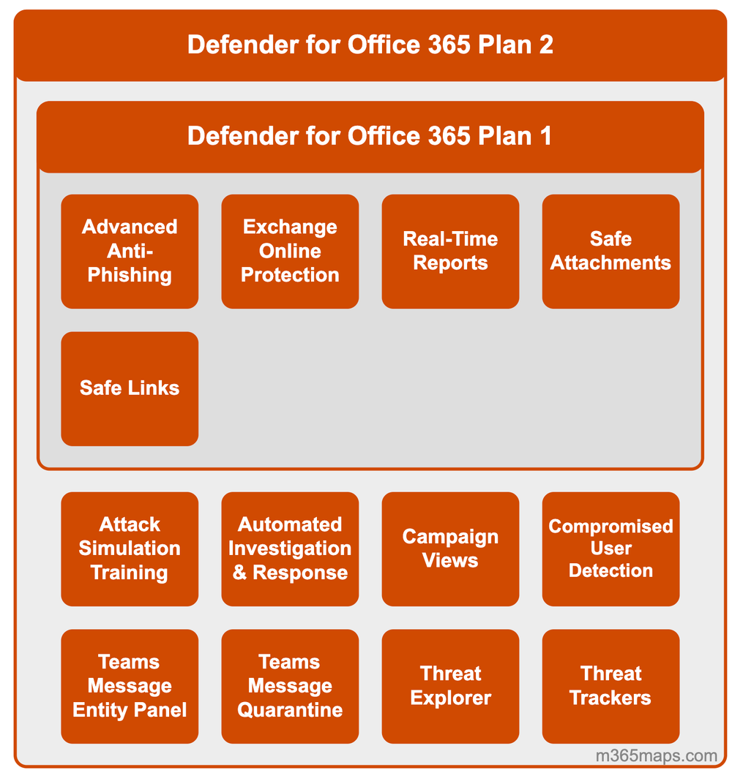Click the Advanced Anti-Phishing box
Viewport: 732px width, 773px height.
pyautogui.click(x=130, y=251)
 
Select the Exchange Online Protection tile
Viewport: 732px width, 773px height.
pyautogui.click(x=290, y=251)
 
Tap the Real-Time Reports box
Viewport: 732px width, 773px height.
pyautogui.click(x=450, y=251)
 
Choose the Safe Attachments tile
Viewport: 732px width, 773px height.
pyautogui.click(x=610, y=251)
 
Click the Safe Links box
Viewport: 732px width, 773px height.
pyautogui.click(x=130, y=388)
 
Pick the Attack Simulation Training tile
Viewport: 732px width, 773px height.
pyautogui.click(x=130, y=548)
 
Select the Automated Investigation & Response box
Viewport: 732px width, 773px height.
pyautogui.click(x=290, y=548)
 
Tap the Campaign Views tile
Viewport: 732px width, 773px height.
pyautogui.click(x=450, y=548)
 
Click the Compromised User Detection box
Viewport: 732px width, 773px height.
pyautogui.click(x=610, y=548)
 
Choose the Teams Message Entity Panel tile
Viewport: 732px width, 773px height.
pyautogui.click(x=130, y=686)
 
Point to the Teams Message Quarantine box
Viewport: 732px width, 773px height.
pyautogui.click(x=290, y=686)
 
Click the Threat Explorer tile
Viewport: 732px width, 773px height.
pyautogui.click(x=450, y=686)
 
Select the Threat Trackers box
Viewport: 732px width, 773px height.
pyautogui.click(x=610, y=686)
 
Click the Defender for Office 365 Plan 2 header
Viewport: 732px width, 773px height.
pyautogui.click(x=370, y=45)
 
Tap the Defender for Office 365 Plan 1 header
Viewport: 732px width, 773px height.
pyautogui.click(x=370, y=136)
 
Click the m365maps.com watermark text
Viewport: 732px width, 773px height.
pyautogui.click(x=656, y=755)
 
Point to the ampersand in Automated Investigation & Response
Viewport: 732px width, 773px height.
pyautogui.click(x=240, y=573)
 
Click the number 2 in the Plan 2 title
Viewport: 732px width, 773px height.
pyautogui.click(x=545, y=45)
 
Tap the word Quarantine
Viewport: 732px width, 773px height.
pyautogui.click(x=290, y=710)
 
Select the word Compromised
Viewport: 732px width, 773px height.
pyautogui.click(x=610, y=527)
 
